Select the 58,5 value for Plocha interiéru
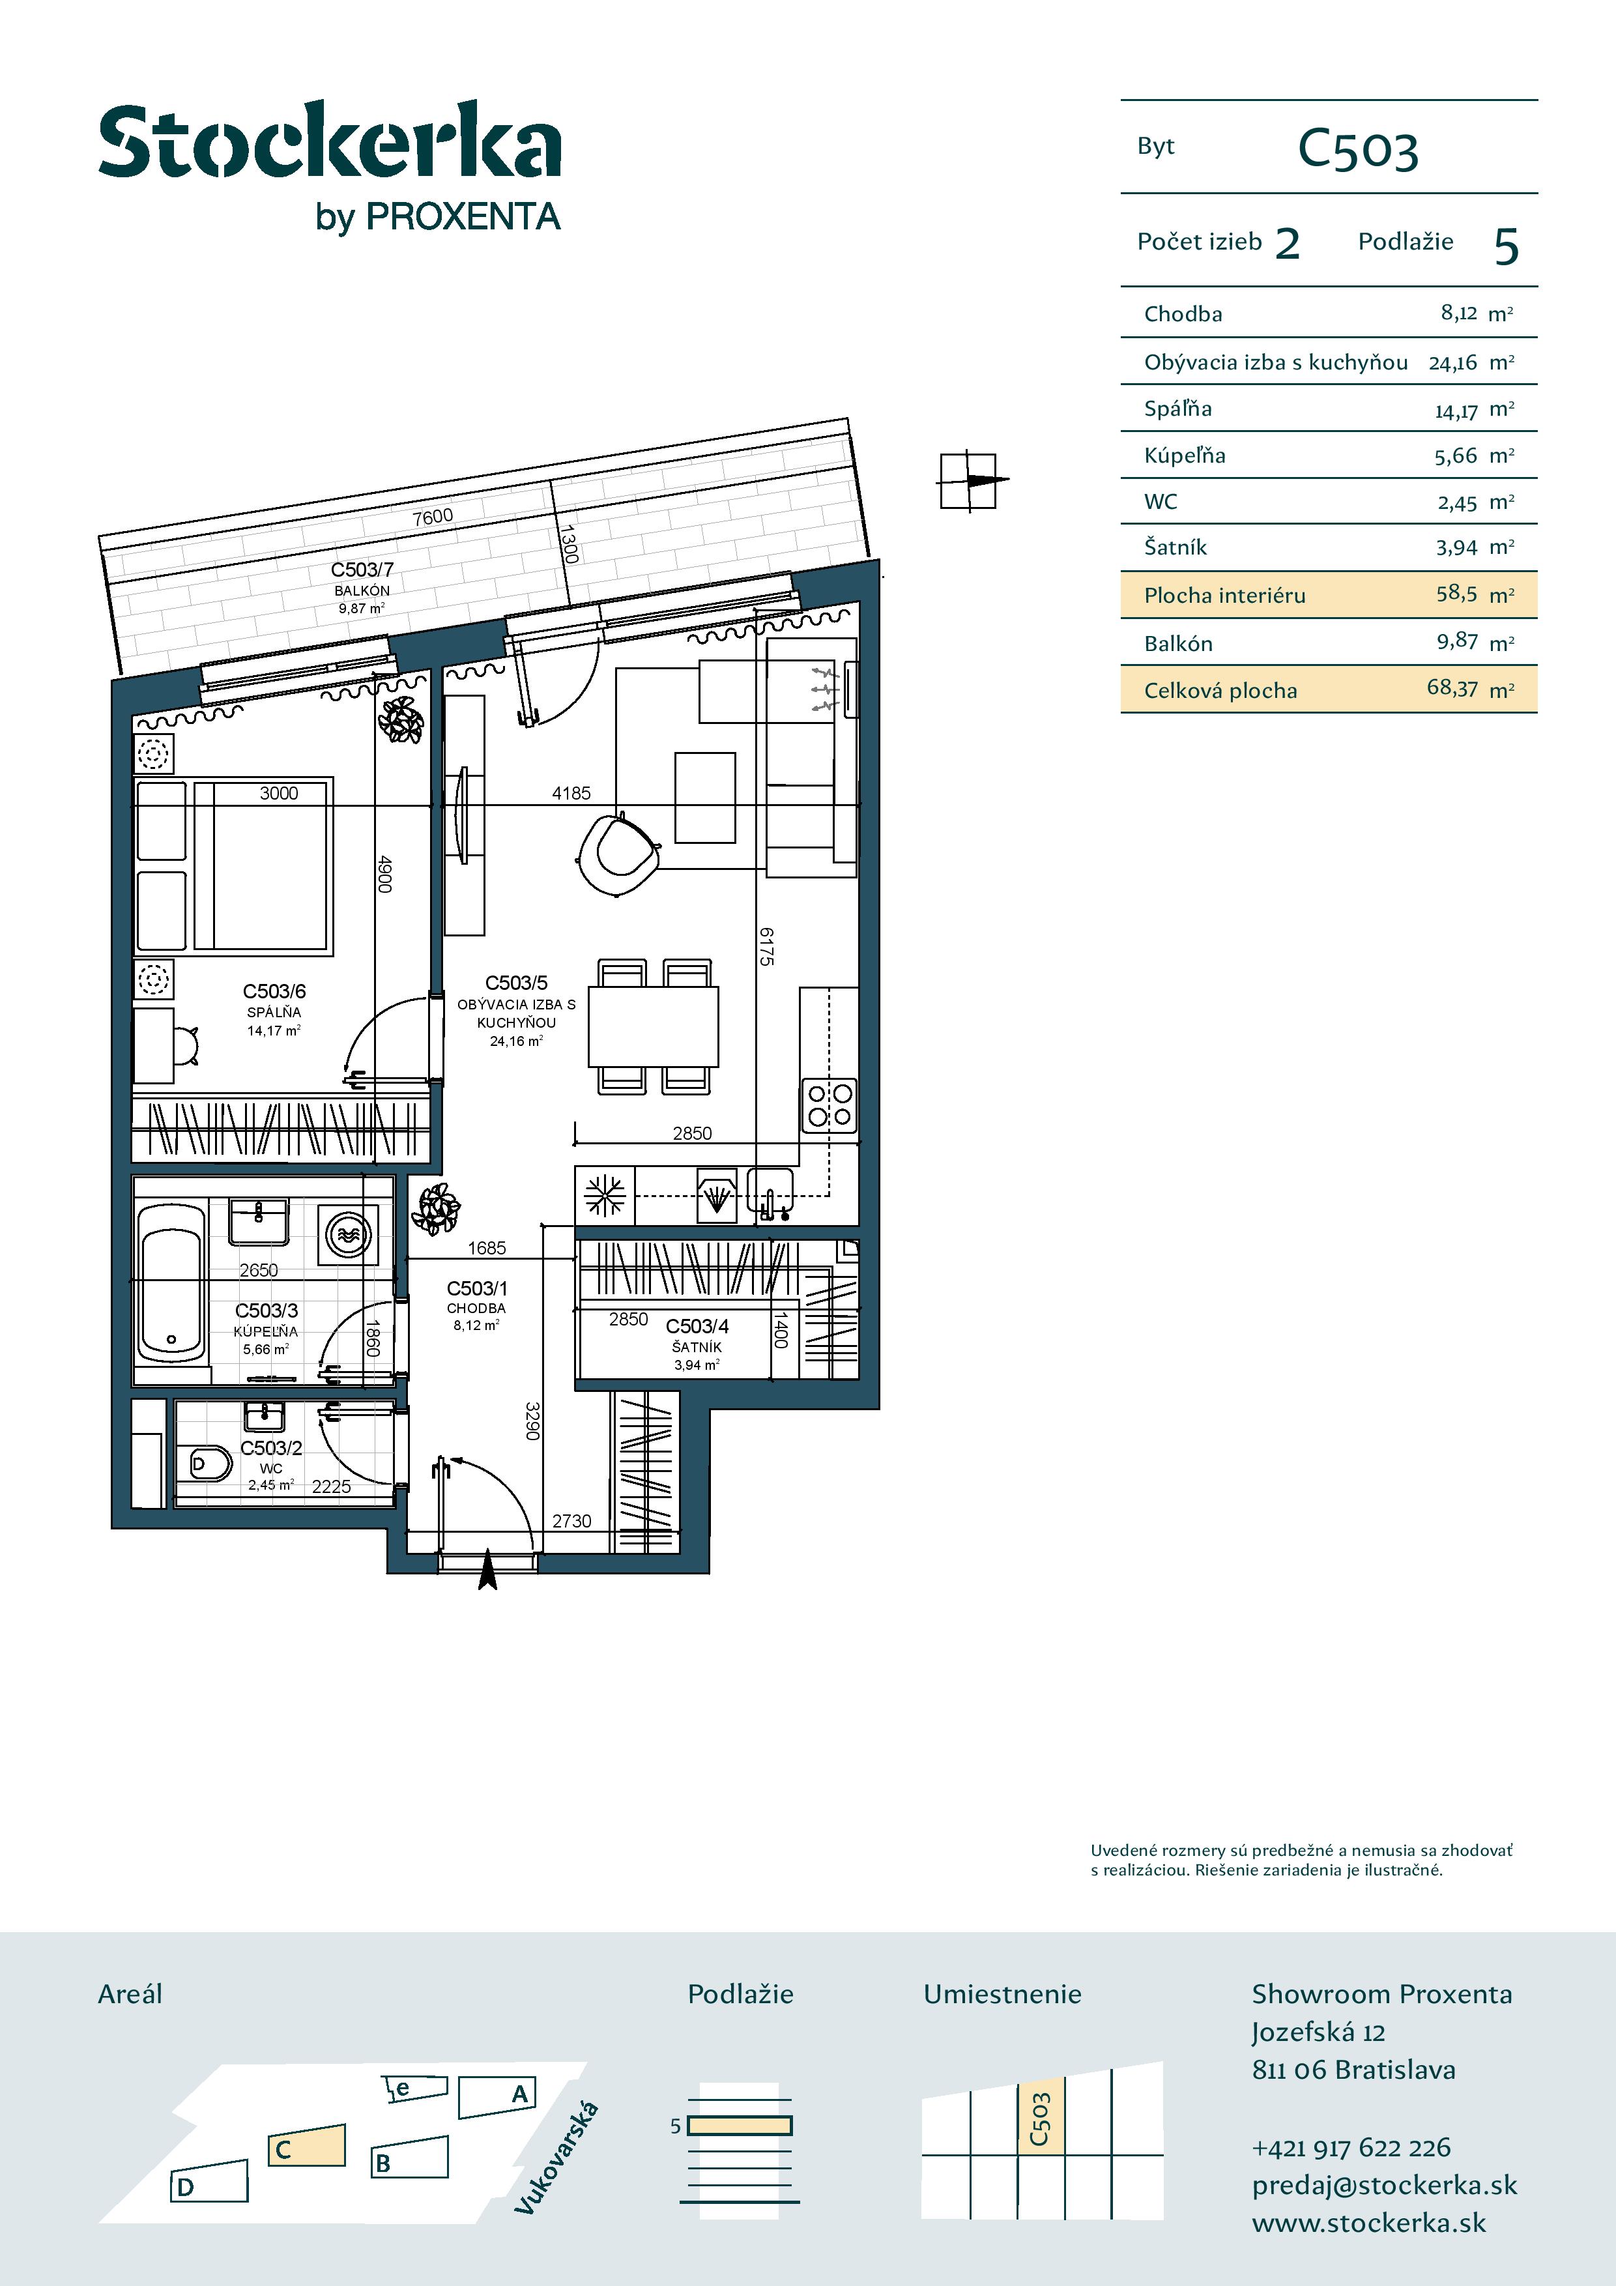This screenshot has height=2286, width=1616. coord(1457,594)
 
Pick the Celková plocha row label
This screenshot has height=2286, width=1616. coord(1220,690)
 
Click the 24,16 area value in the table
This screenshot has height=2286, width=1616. coord(1452,362)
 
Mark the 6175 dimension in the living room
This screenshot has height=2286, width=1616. coord(766,946)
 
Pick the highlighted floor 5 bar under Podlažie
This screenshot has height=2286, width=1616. coord(740,2126)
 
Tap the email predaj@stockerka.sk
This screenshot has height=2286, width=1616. coord(1384,2186)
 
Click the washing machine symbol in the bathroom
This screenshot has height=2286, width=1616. coord(349,1235)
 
